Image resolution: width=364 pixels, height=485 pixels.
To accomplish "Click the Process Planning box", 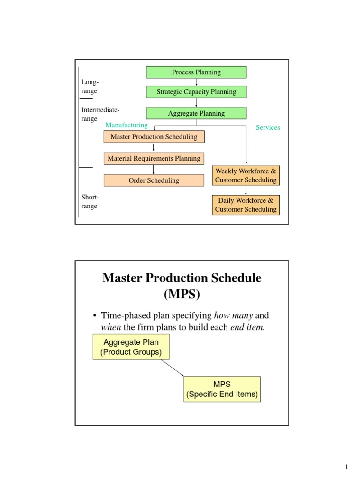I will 196,72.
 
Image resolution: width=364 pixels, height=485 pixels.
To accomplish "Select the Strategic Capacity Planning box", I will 196,92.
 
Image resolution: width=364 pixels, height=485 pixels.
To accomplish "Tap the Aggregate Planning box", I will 196,113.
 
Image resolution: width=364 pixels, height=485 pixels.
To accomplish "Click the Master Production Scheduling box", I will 154,137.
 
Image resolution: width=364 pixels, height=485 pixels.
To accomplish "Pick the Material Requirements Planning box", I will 154,158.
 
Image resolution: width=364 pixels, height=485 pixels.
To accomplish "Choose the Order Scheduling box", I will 154,180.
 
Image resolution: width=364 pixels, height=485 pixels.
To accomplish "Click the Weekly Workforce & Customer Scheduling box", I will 246,175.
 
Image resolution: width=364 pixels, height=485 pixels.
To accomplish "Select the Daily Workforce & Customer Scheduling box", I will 246,205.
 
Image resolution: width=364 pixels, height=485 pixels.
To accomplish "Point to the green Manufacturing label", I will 127,125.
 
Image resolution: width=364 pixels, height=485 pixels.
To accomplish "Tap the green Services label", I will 268,127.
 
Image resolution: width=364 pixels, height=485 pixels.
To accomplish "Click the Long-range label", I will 89,87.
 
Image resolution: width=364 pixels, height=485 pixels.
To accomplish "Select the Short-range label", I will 90,201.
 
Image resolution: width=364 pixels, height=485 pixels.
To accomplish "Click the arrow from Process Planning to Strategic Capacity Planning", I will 196,82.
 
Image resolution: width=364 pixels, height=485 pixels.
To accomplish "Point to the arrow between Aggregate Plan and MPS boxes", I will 172,368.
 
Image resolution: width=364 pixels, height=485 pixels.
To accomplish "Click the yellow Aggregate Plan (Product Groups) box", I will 130,347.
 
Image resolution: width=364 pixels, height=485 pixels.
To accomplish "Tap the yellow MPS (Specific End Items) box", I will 222,389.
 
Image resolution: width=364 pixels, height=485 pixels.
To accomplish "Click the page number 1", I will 346,467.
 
